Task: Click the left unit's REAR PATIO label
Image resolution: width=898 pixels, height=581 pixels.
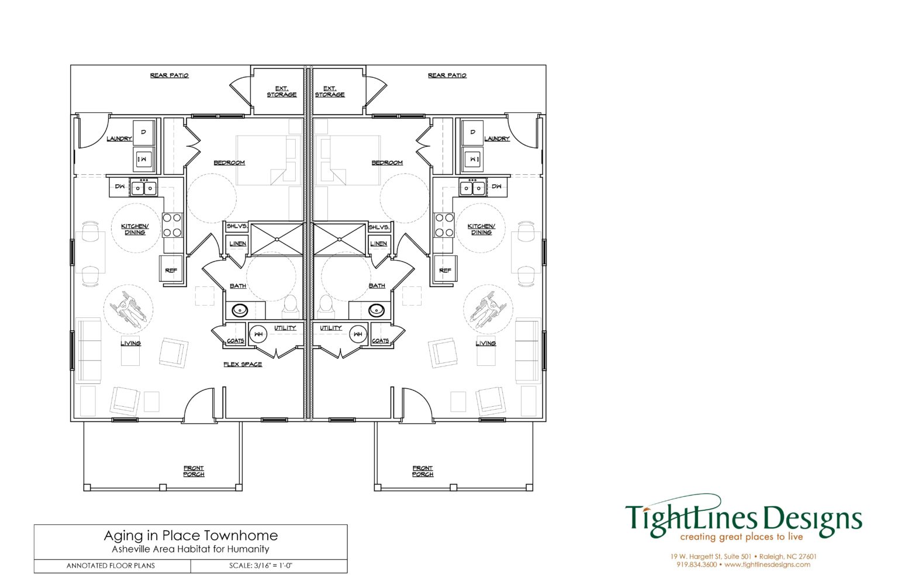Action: coord(169,75)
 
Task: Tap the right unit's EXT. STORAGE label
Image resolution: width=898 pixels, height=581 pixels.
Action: coord(330,92)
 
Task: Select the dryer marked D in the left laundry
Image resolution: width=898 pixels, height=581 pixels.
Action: coord(143,133)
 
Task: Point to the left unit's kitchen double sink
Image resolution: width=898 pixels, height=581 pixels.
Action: coord(144,188)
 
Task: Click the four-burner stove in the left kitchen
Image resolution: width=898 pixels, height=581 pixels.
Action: coord(172,225)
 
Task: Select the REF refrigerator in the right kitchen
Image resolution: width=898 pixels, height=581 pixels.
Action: coord(445,269)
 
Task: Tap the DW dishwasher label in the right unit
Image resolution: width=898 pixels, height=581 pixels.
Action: coord(496,187)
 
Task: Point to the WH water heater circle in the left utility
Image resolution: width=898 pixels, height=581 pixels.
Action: coord(258,334)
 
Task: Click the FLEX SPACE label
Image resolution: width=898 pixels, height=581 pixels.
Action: coord(243,364)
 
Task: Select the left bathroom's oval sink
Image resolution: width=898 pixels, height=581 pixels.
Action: coord(240,309)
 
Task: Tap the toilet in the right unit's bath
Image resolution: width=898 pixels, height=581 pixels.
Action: coord(326,305)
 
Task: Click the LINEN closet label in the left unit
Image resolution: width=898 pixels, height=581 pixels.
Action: coord(237,244)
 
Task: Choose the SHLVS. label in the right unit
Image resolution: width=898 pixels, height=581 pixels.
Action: coord(379,227)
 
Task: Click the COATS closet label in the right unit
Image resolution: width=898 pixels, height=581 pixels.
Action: coord(380,341)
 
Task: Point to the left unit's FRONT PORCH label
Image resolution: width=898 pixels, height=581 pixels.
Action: coord(194,471)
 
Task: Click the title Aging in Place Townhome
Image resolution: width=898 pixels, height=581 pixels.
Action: coord(191,535)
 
